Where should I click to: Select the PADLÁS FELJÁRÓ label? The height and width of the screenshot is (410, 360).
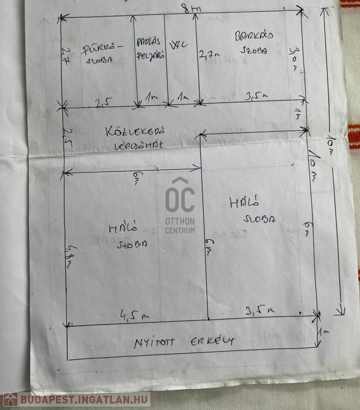point(150,48)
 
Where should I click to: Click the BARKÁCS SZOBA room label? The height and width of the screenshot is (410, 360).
point(254,42)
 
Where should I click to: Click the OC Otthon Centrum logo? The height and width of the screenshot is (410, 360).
point(180,206)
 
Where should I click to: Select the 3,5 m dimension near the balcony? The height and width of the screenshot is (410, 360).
point(260,310)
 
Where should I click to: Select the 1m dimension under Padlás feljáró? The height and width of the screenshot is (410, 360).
point(152,97)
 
